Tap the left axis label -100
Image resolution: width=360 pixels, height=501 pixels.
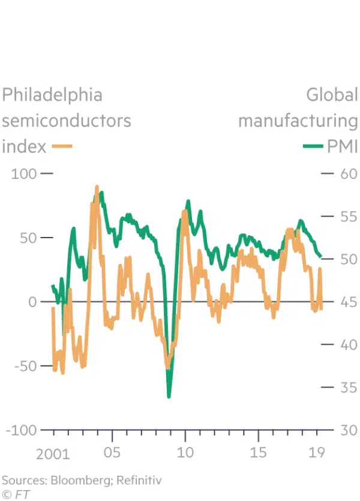click(x=19, y=430)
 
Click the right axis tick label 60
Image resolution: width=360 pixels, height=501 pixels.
click(x=347, y=174)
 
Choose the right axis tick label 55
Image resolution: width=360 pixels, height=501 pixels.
click(x=347, y=217)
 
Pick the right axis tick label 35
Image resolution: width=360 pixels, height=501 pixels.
click(x=347, y=388)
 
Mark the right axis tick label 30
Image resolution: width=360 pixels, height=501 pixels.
click(x=347, y=430)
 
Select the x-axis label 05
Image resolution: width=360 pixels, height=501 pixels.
click(x=112, y=452)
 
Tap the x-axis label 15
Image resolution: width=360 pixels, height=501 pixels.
click(x=258, y=452)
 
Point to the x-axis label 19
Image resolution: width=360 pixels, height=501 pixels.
click(x=316, y=452)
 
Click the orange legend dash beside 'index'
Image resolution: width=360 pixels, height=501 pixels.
click(x=62, y=146)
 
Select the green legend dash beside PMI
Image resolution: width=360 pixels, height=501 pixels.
click(x=312, y=146)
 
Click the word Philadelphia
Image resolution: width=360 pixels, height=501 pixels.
click(x=52, y=95)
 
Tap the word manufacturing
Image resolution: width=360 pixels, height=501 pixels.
click(x=298, y=121)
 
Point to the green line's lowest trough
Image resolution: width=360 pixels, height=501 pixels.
click(x=169, y=396)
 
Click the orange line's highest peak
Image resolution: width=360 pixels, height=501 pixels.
click(x=97, y=187)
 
